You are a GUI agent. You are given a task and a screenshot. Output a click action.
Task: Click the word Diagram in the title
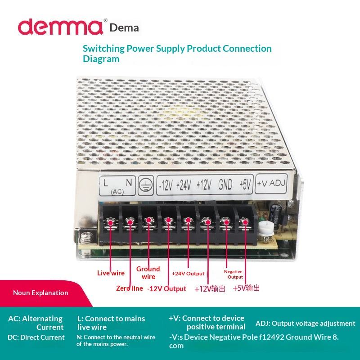[x=101, y=59]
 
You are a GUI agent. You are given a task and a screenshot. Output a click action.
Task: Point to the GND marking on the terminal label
[x=225, y=184]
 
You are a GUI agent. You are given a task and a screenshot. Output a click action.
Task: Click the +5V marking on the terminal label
[x=245, y=184]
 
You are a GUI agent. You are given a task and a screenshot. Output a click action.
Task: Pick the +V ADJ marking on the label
[x=271, y=184]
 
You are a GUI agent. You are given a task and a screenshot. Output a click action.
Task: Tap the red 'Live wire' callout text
[x=111, y=273]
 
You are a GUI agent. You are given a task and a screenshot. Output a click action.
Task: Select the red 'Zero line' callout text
[x=129, y=288]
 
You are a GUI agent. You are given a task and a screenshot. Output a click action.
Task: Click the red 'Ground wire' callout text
[x=148, y=273]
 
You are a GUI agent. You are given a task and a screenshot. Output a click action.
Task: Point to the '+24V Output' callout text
[x=188, y=274]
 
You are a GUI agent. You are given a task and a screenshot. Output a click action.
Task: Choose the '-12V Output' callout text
[x=166, y=289]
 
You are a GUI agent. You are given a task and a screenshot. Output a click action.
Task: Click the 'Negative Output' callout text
[x=233, y=274]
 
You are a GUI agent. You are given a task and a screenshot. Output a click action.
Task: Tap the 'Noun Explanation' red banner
[x=40, y=293]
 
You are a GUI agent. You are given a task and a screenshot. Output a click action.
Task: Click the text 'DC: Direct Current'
[x=36, y=337]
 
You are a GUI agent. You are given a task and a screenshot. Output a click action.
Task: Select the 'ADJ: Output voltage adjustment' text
[x=305, y=323]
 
